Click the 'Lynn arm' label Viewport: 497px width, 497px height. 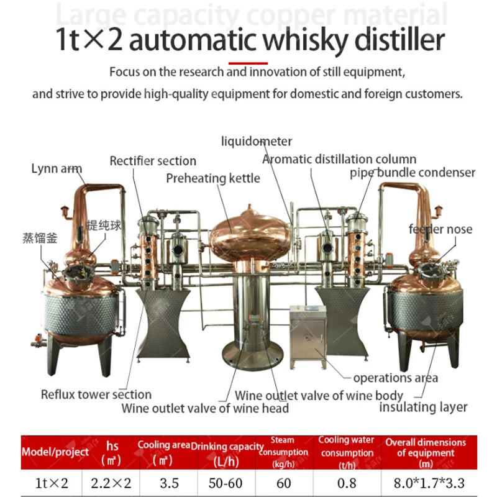(x=57, y=168)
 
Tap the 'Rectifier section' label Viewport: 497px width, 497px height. (x=153, y=161)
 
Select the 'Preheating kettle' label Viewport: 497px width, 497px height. (x=213, y=178)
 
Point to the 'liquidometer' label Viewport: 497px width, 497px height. (x=257, y=142)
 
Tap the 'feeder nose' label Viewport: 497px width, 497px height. (x=440, y=229)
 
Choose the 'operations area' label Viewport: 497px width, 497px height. (x=395, y=378)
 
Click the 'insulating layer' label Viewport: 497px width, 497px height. (x=423, y=407)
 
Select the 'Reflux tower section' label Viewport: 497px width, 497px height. (x=96, y=394)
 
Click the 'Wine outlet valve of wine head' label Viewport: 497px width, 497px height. (x=205, y=408)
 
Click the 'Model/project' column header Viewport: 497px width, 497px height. (x=55, y=452)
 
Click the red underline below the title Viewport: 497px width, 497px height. (x=248, y=63)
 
